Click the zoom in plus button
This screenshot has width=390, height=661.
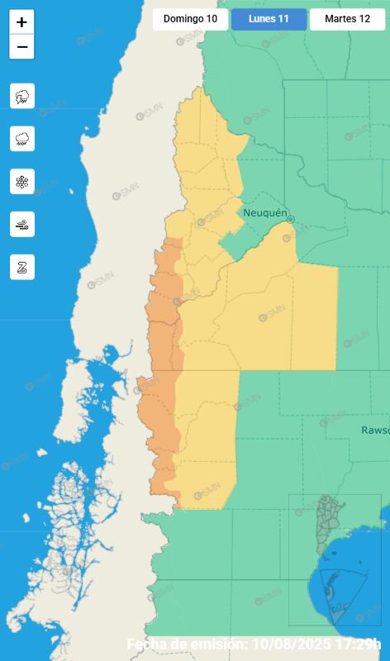pos(21,23)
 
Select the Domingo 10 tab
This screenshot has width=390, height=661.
pos(190,19)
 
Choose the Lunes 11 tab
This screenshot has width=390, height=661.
pos(269,19)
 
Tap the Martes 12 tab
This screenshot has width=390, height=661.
pos(347,19)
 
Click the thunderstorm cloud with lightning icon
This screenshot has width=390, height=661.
pos(22,96)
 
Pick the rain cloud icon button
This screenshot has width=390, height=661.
pos(22,139)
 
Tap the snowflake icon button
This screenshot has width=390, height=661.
pos(22,182)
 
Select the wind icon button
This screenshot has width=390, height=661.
pos(22,224)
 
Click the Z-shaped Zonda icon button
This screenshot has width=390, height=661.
pos(22,267)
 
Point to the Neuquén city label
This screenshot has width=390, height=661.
pos(264,213)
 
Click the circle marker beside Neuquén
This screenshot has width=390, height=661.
pos(291,219)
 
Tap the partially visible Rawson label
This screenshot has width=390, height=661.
pos(375,430)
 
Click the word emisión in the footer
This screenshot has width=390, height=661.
pos(216,644)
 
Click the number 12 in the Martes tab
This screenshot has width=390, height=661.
pos(364,19)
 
